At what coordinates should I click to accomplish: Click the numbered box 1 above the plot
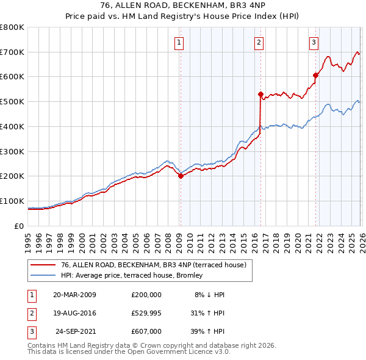pos(179,42)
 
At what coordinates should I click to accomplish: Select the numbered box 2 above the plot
pos(259,42)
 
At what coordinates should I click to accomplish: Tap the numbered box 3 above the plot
pos(314,42)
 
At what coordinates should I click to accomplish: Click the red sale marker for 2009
pos(181,176)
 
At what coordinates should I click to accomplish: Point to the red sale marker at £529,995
pos(260,94)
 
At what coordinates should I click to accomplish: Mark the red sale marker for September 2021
pos(316,75)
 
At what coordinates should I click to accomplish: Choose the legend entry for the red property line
pos(153,265)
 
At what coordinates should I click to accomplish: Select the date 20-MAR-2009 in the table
pos(74,294)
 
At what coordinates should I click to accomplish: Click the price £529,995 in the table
pos(146,312)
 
